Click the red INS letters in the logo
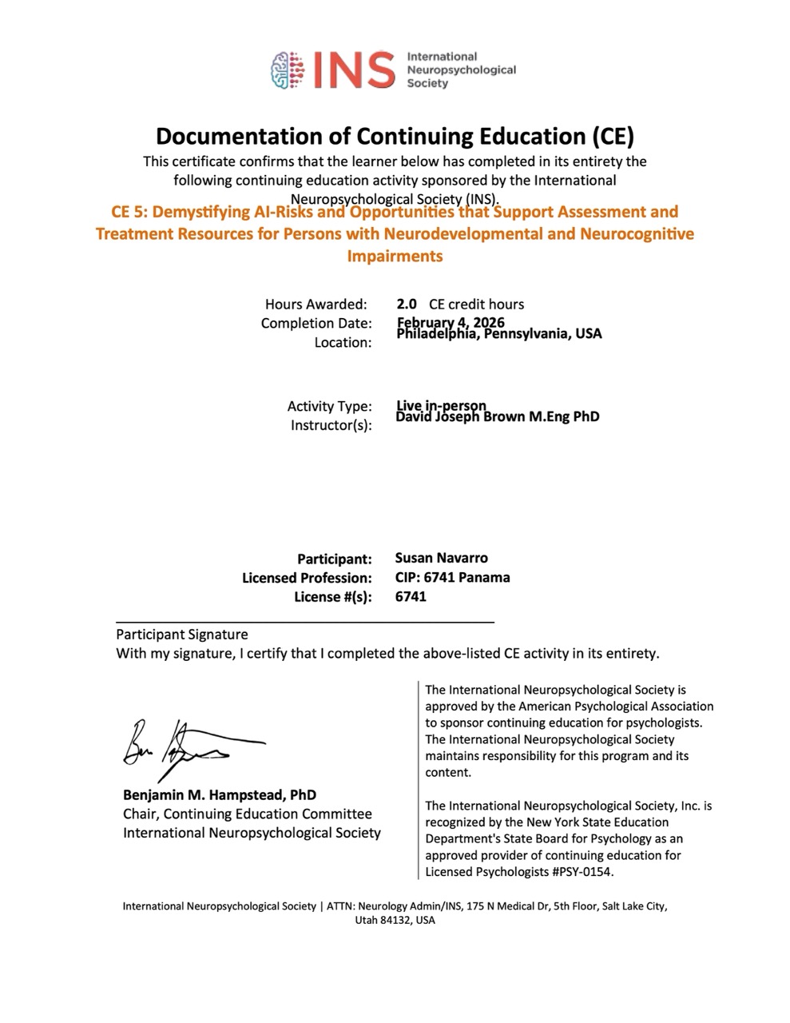pyautogui.click(x=355, y=70)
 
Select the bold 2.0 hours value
pyautogui.click(x=407, y=304)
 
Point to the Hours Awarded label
pyautogui.click(x=316, y=304)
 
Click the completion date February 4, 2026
pyautogui.click(x=451, y=322)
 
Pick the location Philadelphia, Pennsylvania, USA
pyautogui.click(x=499, y=334)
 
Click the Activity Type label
pyautogui.click(x=329, y=406)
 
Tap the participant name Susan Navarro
pyautogui.click(x=441, y=558)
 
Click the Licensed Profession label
pyautogui.click(x=307, y=578)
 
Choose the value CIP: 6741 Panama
pyautogui.click(x=452, y=577)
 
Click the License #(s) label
pyautogui.click(x=332, y=597)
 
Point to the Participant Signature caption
pyautogui.click(x=182, y=635)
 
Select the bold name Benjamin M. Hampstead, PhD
pyautogui.click(x=220, y=794)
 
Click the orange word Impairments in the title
pyautogui.click(x=395, y=256)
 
